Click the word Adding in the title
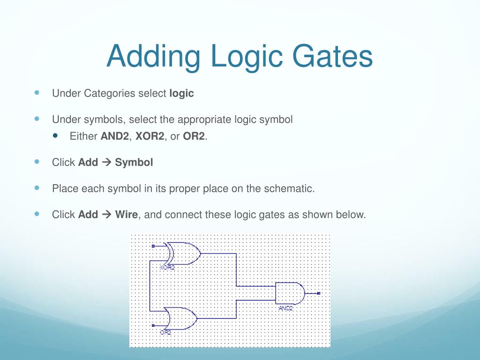point(153,56)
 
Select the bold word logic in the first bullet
point(181,93)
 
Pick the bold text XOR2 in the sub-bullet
point(150,136)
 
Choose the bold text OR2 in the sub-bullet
point(194,136)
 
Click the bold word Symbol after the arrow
point(134,163)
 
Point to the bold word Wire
point(127,215)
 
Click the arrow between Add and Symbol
point(105,163)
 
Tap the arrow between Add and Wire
point(105,215)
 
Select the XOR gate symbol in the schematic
point(183,254)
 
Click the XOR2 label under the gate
point(167,268)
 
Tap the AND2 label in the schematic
point(285,308)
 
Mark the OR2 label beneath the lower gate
point(165,332)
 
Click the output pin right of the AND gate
point(318,293)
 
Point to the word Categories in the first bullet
point(110,93)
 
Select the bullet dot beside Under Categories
point(37,93)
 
